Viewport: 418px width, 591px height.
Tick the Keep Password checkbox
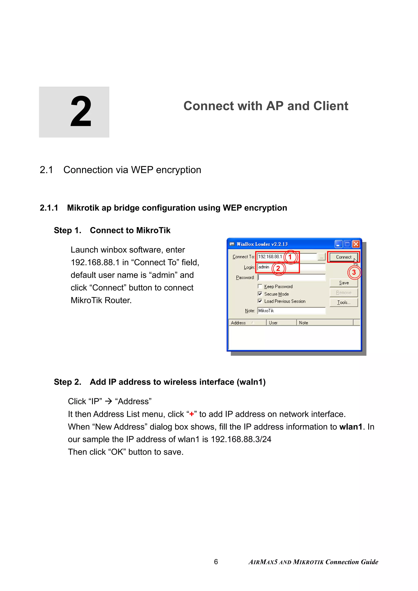tap(260, 286)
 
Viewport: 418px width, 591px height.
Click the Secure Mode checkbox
tap(260, 294)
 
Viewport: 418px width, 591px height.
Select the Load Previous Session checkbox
tap(260, 301)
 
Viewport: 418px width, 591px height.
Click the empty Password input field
tap(291, 277)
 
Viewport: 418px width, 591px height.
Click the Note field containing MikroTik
tap(291, 311)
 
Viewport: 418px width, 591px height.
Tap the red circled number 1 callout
tap(290, 257)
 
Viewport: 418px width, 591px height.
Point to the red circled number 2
tap(278, 268)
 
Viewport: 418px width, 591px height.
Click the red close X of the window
tap(356, 244)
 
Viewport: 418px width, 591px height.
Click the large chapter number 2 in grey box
tap(81, 112)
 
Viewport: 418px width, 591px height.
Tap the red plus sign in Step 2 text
tap(191, 414)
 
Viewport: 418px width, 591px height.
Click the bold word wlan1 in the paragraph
tap(351, 427)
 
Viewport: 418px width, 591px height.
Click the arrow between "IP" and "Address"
tap(108, 401)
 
